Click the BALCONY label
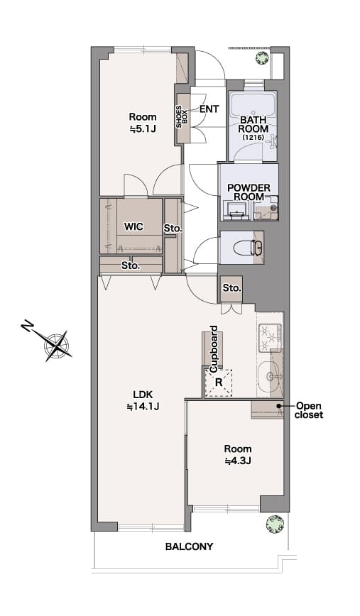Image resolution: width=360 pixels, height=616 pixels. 189,546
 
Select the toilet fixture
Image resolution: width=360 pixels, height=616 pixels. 248,248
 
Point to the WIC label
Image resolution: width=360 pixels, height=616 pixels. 133,226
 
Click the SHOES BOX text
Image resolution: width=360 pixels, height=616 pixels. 182,116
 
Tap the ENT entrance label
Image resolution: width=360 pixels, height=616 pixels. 209,109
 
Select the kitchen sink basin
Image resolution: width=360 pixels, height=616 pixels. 269,376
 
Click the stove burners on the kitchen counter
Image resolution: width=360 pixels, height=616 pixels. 270,336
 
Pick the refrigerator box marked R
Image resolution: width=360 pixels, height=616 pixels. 219,382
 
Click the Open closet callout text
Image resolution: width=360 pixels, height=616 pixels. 310,410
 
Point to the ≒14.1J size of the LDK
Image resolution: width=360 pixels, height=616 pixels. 143,407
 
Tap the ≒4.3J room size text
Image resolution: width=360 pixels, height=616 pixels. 238,461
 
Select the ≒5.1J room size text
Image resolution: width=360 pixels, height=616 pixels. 143,128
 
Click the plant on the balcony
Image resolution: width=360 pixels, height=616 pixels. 275,524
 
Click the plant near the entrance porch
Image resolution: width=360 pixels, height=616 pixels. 262,57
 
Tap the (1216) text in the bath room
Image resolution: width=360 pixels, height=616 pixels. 253,138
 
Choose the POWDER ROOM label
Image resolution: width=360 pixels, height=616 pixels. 249,192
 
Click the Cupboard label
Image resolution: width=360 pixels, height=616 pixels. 214,349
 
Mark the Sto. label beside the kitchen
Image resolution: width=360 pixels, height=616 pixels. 231,288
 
